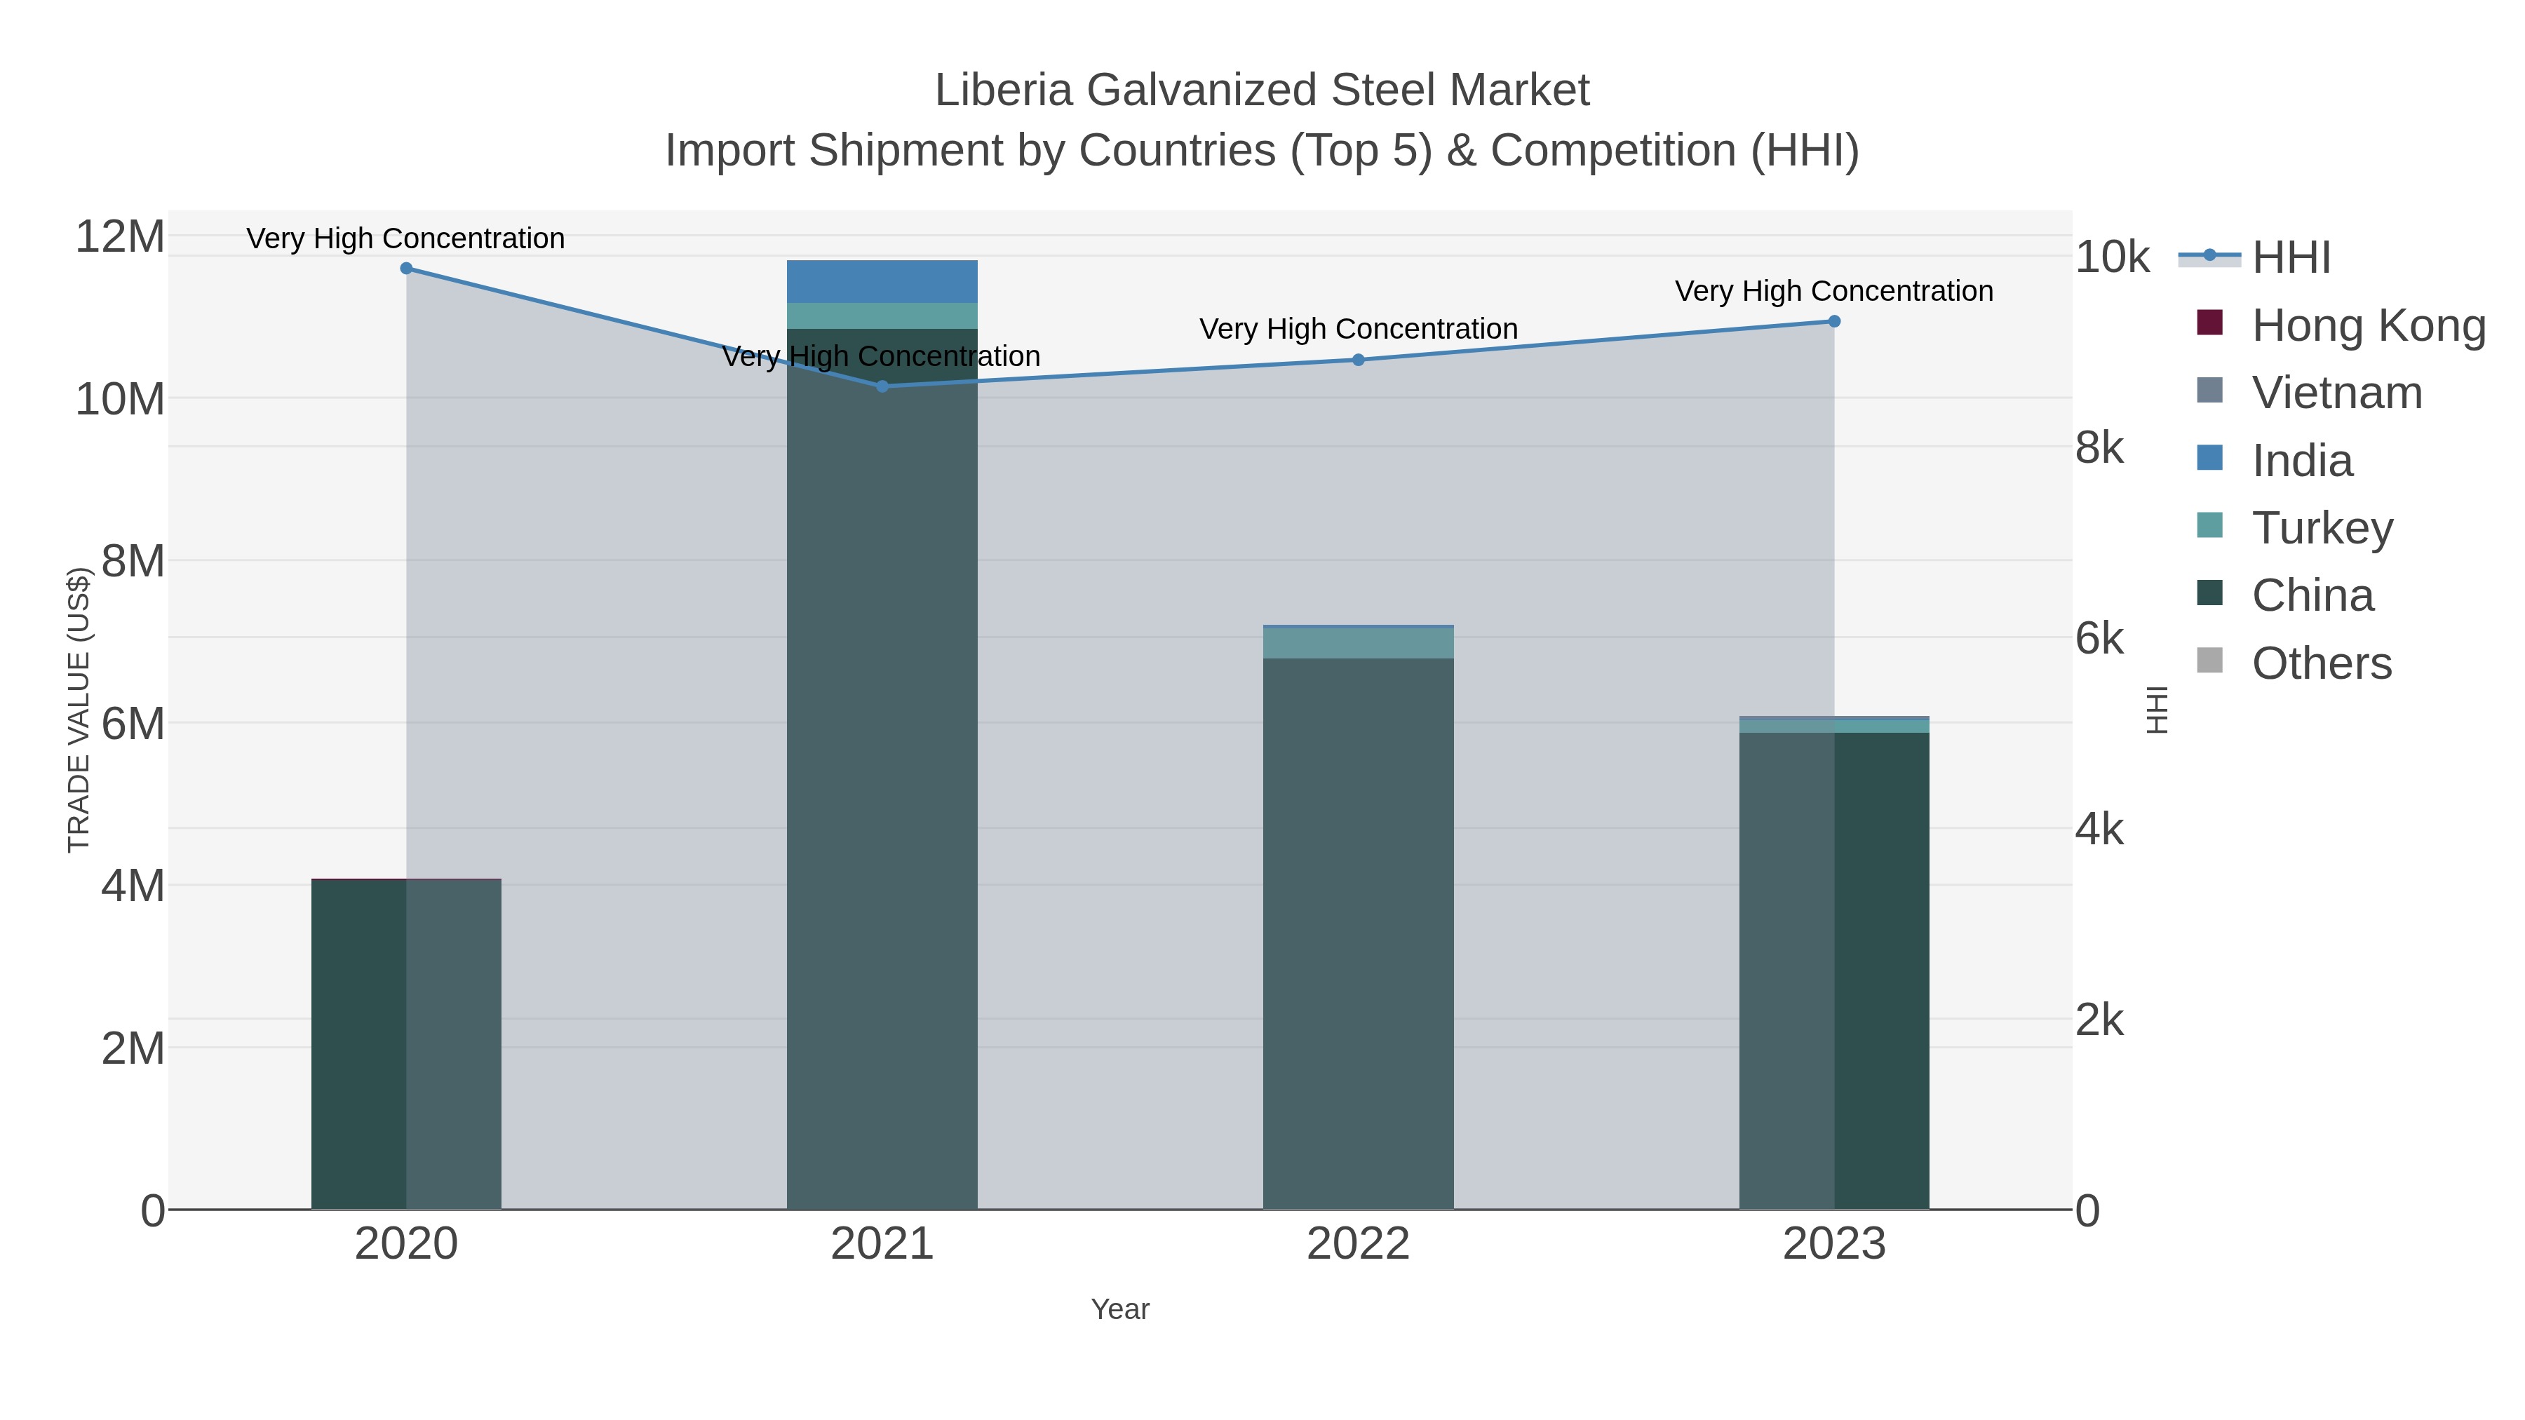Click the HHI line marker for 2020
click(x=406, y=269)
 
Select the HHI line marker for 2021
click(x=882, y=386)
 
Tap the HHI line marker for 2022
click(x=1358, y=360)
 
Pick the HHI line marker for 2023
click(x=1834, y=321)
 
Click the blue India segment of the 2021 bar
click(x=882, y=281)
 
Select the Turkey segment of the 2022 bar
click(x=1358, y=643)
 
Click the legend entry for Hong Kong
click(x=2368, y=325)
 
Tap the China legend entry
click(x=2312, y=596)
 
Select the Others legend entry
click(x=2321, y=663)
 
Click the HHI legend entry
click(x=2291, y=258)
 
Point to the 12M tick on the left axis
click(x=119, y=236)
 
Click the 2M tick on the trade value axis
click(x=133, y=1048)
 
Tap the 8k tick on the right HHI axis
click(x=2099, y=448)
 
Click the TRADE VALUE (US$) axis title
click(x=79, y=710)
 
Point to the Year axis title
click(x=1119, y=1309)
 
